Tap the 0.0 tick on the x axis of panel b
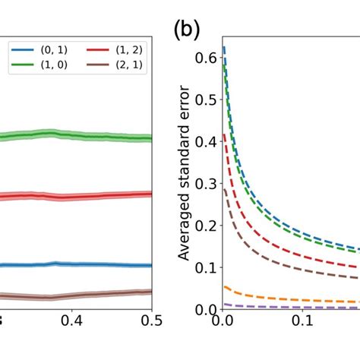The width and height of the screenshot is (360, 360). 222,322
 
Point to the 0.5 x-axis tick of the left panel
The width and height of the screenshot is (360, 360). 152,322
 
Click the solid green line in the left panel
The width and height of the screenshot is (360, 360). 76,135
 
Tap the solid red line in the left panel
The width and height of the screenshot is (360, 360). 76,196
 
